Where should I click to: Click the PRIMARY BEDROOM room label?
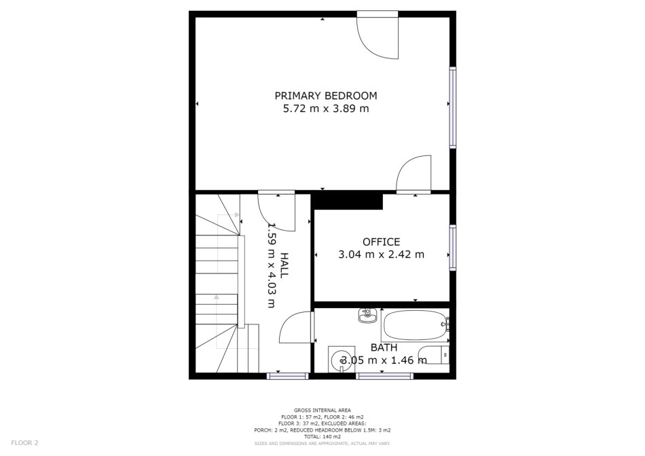pyautogui.click(x=326, y=96)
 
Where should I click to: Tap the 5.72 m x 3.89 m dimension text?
pyautogui.click(x=326, y=109)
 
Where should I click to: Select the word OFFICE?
pyautogui.click(x=381, y=242)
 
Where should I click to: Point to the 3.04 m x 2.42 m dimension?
pyautogui.click(x=381, y=254)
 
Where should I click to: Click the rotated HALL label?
pyautogui.click(x=284, y=265)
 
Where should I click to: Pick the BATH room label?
pyautogui.click(x=384, y=348)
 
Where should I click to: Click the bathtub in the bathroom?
pyautogui.click(x=415, y=325)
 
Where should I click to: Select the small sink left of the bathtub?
pyautogui.click(x=367, y=316)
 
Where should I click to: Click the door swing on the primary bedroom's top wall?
pyautogui.click(x=377, y=35)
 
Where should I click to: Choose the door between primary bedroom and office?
pyautogui.click(x=413, y=174)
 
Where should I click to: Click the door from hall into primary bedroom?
pyautogui.click(x=276, y=210)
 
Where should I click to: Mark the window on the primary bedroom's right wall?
pyautogui.click(x=452, y=107)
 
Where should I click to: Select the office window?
pyautogui.click(x=452, y=248)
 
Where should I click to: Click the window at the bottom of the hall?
pyautogui.click(x=288, y=376)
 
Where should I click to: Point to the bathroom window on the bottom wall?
pyautogui.click(x=384, y=376)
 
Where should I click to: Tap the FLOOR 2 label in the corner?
pyautogui.click(x=24, y=443)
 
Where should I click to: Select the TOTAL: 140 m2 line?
pyautogui.click(x=322, y=437)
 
